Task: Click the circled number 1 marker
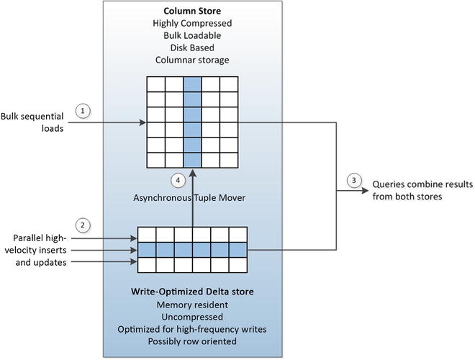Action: point(84,111)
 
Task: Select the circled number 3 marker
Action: point(353,181)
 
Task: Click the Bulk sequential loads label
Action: point(32,122)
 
